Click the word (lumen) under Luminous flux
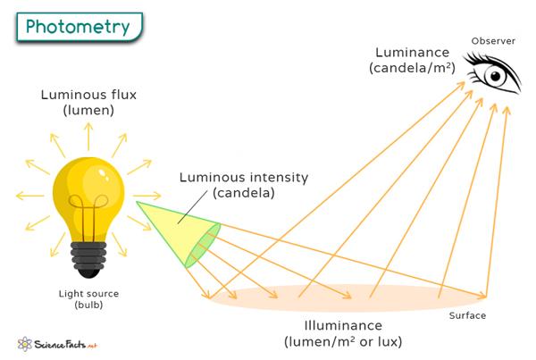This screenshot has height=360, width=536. point(88,111)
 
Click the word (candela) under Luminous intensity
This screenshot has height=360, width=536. point(244,193)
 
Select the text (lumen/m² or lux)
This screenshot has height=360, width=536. point(342,342)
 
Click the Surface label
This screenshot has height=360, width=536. point(469,315)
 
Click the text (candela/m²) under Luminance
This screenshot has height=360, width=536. point(412,68)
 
